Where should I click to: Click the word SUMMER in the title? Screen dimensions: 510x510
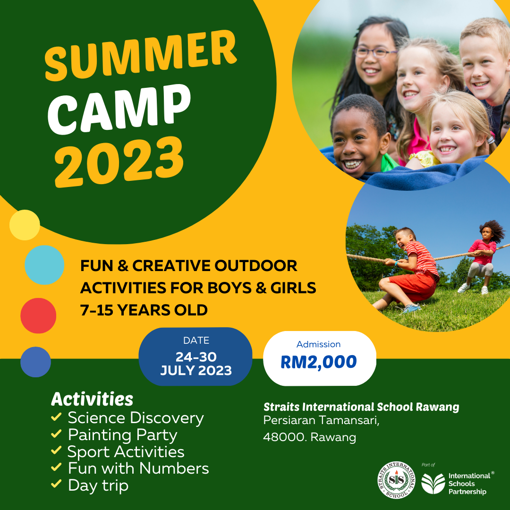(141, 55)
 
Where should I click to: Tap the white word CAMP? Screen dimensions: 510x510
(119, 109)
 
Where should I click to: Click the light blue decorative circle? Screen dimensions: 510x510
(44, 265)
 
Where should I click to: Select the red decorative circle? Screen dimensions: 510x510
(38, 315)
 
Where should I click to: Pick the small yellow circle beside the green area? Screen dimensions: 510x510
(25, 225)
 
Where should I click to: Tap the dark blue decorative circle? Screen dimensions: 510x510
(36, 362)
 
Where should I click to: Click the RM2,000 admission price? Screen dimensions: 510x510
(319, 362)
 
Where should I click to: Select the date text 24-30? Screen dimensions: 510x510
(196, 357)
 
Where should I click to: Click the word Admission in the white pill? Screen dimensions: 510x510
(318, 344)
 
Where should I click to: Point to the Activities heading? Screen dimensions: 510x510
(92, 399)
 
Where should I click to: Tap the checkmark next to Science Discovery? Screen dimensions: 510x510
(56, 416)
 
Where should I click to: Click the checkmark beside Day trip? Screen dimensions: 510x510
(56, 484)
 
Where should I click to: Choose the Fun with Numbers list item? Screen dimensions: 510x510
(138, 468)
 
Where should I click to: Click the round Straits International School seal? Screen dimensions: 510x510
(397, 480)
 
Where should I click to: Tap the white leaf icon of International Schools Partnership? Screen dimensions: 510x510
(433, 484)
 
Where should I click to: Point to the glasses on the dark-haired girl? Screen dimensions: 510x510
(375, 52)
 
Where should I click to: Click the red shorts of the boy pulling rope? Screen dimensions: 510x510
(413, 286)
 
